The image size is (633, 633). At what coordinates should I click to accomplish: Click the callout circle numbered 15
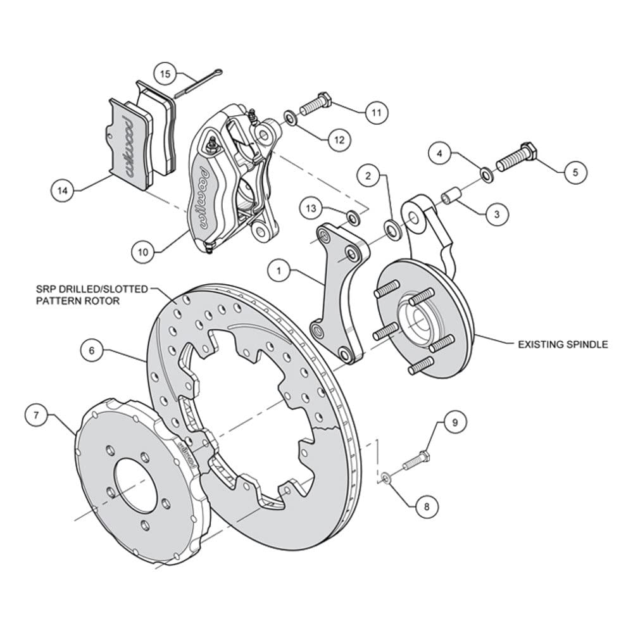pos(165,74)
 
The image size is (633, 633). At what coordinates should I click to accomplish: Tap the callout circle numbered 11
pos(376,112)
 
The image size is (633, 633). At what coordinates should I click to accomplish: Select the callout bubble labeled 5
pos(575,172)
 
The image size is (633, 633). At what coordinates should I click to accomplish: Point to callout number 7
pos(36,415)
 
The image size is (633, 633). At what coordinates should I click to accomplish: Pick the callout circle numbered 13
pos(311,208)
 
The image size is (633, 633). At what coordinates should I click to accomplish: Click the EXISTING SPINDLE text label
pos(563,344)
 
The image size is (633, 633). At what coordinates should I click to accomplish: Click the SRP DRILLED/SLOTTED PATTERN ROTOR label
pos(92,295)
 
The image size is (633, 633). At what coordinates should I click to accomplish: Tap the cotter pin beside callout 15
pos(198,83)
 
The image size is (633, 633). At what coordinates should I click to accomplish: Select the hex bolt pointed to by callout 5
pos(517,158)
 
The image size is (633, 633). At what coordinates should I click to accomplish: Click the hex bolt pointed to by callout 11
pos(316,104)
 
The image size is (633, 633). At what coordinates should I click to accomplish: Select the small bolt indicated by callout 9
pos(416,461)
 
